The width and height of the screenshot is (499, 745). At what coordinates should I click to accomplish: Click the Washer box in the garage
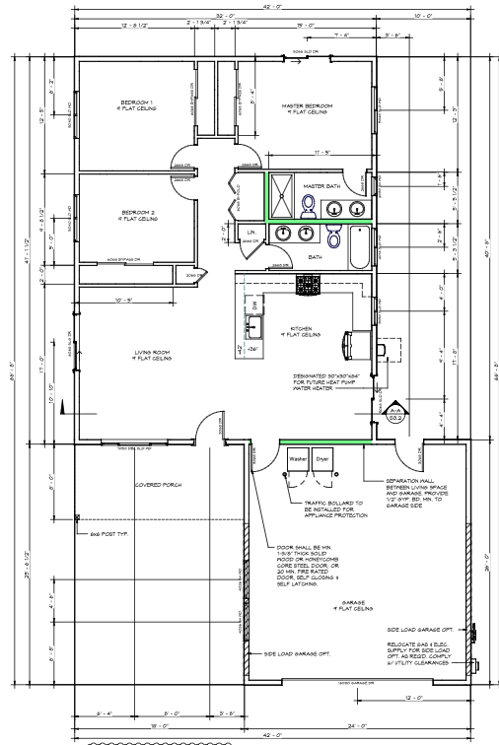coord(297,460)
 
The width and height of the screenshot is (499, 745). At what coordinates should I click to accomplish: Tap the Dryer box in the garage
coord(322,460)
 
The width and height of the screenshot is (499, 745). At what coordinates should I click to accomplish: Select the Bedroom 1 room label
coord(137,105)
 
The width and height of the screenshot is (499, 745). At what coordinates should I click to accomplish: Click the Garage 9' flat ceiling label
coord(356,607)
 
